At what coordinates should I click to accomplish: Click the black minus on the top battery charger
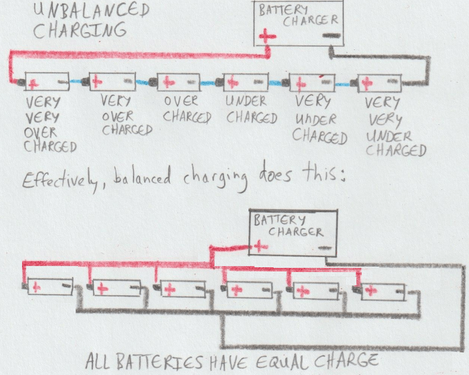(x=331, y=36)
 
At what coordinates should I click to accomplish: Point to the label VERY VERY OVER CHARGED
(x=51, y=124)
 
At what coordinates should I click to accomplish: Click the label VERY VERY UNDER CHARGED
(x=395, y=127)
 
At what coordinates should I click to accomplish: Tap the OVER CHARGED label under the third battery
(x=187, y=109)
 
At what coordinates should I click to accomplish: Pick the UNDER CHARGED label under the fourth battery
(x=251, y=109)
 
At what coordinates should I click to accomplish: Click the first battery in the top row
(x=46, y=83)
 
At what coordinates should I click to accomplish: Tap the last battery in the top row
(x=380, y=83)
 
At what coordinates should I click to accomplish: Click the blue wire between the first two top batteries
(x=80, y=82)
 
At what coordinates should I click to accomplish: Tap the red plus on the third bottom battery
(x=170, y=290)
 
